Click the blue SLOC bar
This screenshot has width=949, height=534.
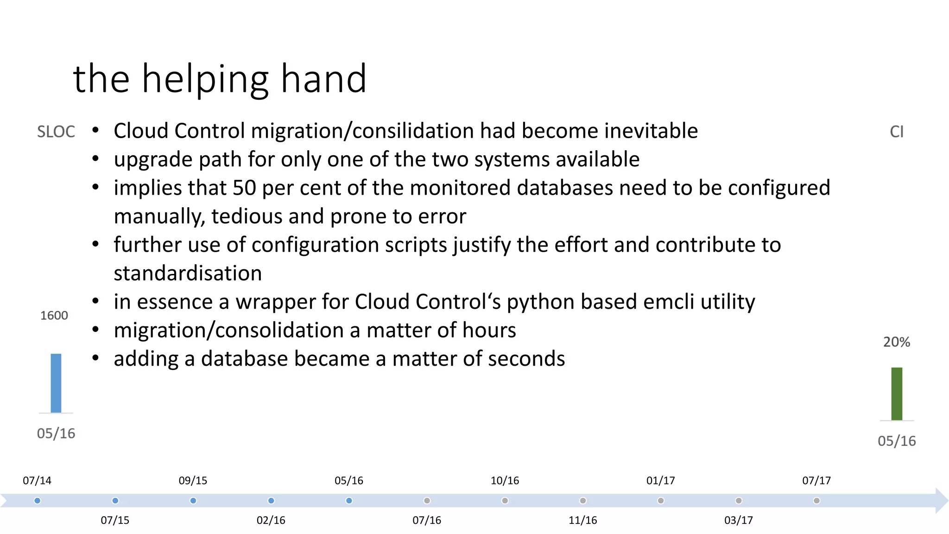click(x=56, y=383)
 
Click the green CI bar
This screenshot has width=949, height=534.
click(x=897, y=394)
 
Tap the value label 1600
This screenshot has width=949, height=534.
click(x=54, y=316)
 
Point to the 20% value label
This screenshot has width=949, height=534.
click(x=897, y=342)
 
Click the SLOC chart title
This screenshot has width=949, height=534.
click(x=56, y=132)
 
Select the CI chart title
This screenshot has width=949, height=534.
click(x=897, y=132)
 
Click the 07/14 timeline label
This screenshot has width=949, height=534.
click(x=37, y=481)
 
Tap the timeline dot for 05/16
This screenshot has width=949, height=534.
click(x=349, y=501)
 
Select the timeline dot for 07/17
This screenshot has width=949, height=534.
click(x=816, y=501)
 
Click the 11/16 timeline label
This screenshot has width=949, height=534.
click(x=582, y=521)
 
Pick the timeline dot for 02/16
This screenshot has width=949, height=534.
click(x=271, y=501)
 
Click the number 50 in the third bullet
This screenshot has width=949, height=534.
click(x=244, y=188)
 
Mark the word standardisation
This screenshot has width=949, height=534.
click(x=188, y=273)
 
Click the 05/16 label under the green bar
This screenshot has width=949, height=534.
click(x=897, y=441)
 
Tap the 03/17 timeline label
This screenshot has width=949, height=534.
click(x=738, y=521)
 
